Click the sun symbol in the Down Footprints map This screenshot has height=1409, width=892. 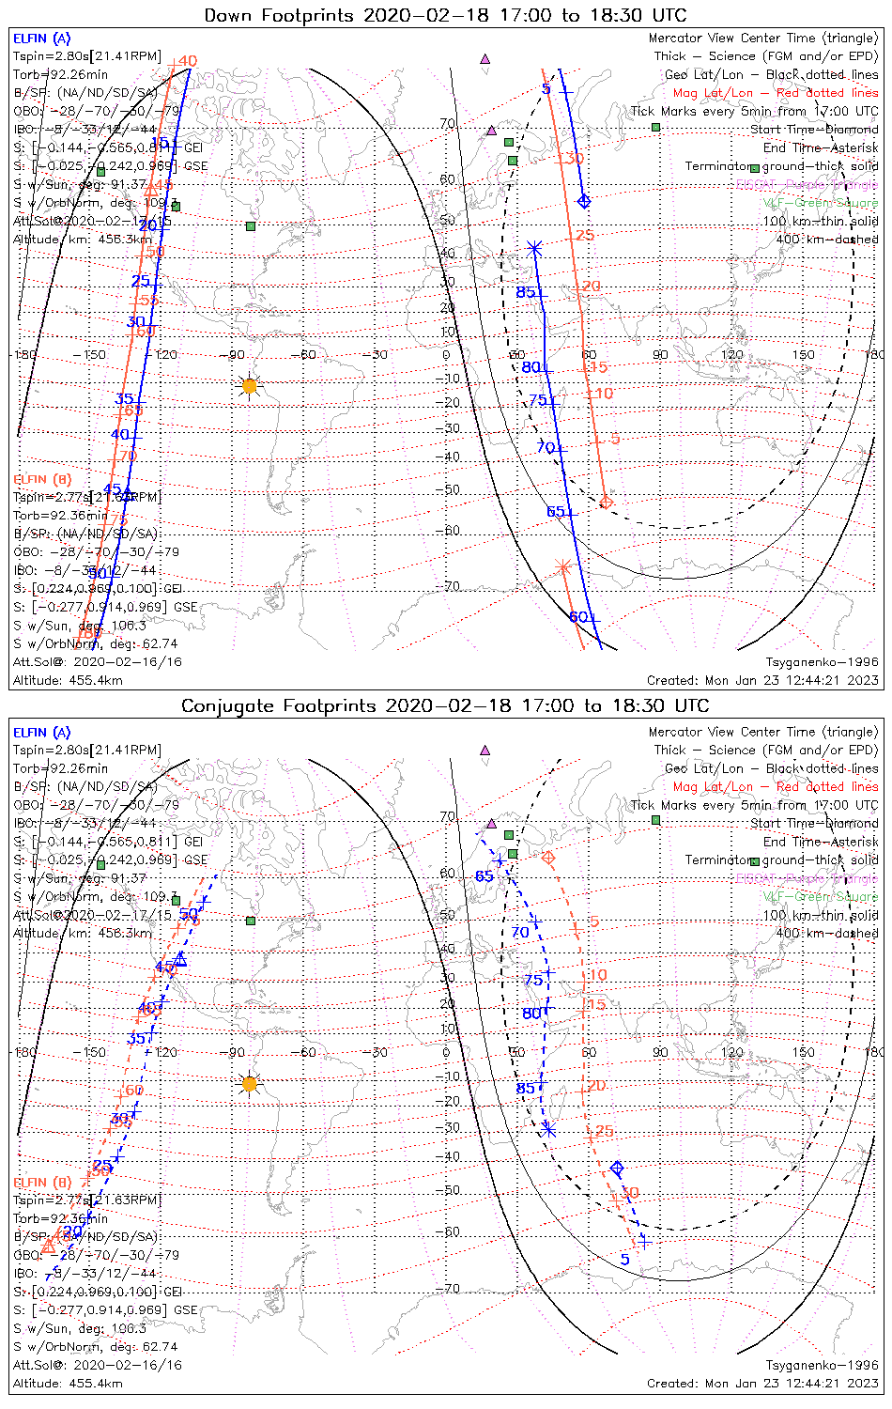point(249,385)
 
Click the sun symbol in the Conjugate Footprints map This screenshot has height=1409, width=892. point(249,1083)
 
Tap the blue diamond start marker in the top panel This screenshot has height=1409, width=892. point(585,201)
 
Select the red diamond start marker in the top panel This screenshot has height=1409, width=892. point(606,502)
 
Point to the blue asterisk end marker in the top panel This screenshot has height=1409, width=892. point(534,249)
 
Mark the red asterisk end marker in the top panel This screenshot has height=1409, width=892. point(562,566)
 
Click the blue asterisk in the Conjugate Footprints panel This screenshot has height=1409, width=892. point(549,1129)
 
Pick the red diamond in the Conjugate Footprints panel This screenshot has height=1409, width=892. point(548,858)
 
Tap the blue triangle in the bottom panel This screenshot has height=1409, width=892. point(180,959)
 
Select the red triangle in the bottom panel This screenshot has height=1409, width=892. point(49,1246)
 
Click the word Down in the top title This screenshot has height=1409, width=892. point(228,15)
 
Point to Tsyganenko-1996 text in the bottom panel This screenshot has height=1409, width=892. point(822,1365)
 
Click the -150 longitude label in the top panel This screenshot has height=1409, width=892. point(95,355)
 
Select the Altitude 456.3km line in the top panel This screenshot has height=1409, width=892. point(83,240)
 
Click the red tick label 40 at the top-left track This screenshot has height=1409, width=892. point(187,61)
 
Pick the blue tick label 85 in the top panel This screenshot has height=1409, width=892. point(526,292)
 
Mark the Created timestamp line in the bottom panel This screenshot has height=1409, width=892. point(762,1383)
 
